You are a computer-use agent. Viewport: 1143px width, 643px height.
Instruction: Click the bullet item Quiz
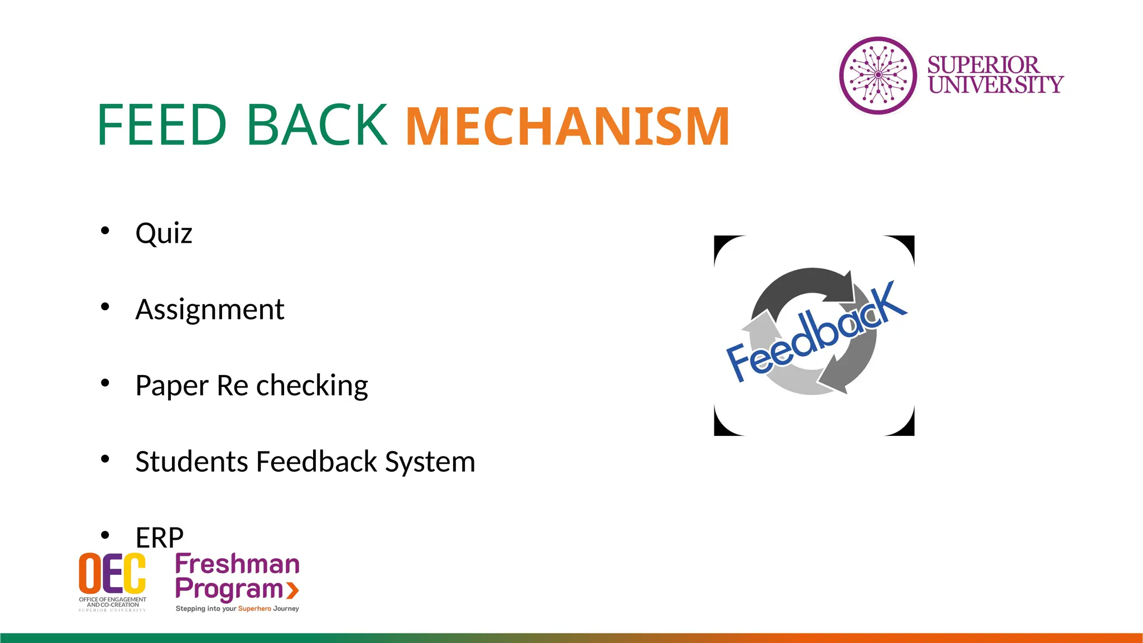[164, 233]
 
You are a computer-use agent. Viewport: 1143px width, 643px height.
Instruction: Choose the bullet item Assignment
[210, 309]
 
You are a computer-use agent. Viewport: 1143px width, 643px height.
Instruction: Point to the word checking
[312, 386]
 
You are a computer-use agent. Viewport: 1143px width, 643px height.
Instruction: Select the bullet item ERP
[160, 538]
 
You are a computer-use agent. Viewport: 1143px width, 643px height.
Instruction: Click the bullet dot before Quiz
[105, 231]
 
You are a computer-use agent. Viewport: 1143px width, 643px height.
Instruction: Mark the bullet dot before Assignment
[105, 306]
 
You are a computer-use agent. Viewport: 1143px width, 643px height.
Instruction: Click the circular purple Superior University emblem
[878, 75]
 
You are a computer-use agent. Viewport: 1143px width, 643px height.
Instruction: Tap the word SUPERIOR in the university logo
[983, 65]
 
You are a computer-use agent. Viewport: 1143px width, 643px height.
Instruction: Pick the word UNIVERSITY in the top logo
[996, 85]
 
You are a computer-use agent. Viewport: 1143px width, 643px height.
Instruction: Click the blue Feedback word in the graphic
[816, 334]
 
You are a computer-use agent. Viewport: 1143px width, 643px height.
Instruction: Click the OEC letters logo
[112, 573]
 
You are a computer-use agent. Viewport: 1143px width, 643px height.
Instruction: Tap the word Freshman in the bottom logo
[237, 564]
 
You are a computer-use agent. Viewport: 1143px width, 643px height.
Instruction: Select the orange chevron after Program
[292, 590]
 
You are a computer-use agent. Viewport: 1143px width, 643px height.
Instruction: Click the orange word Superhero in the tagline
[254, 608]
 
